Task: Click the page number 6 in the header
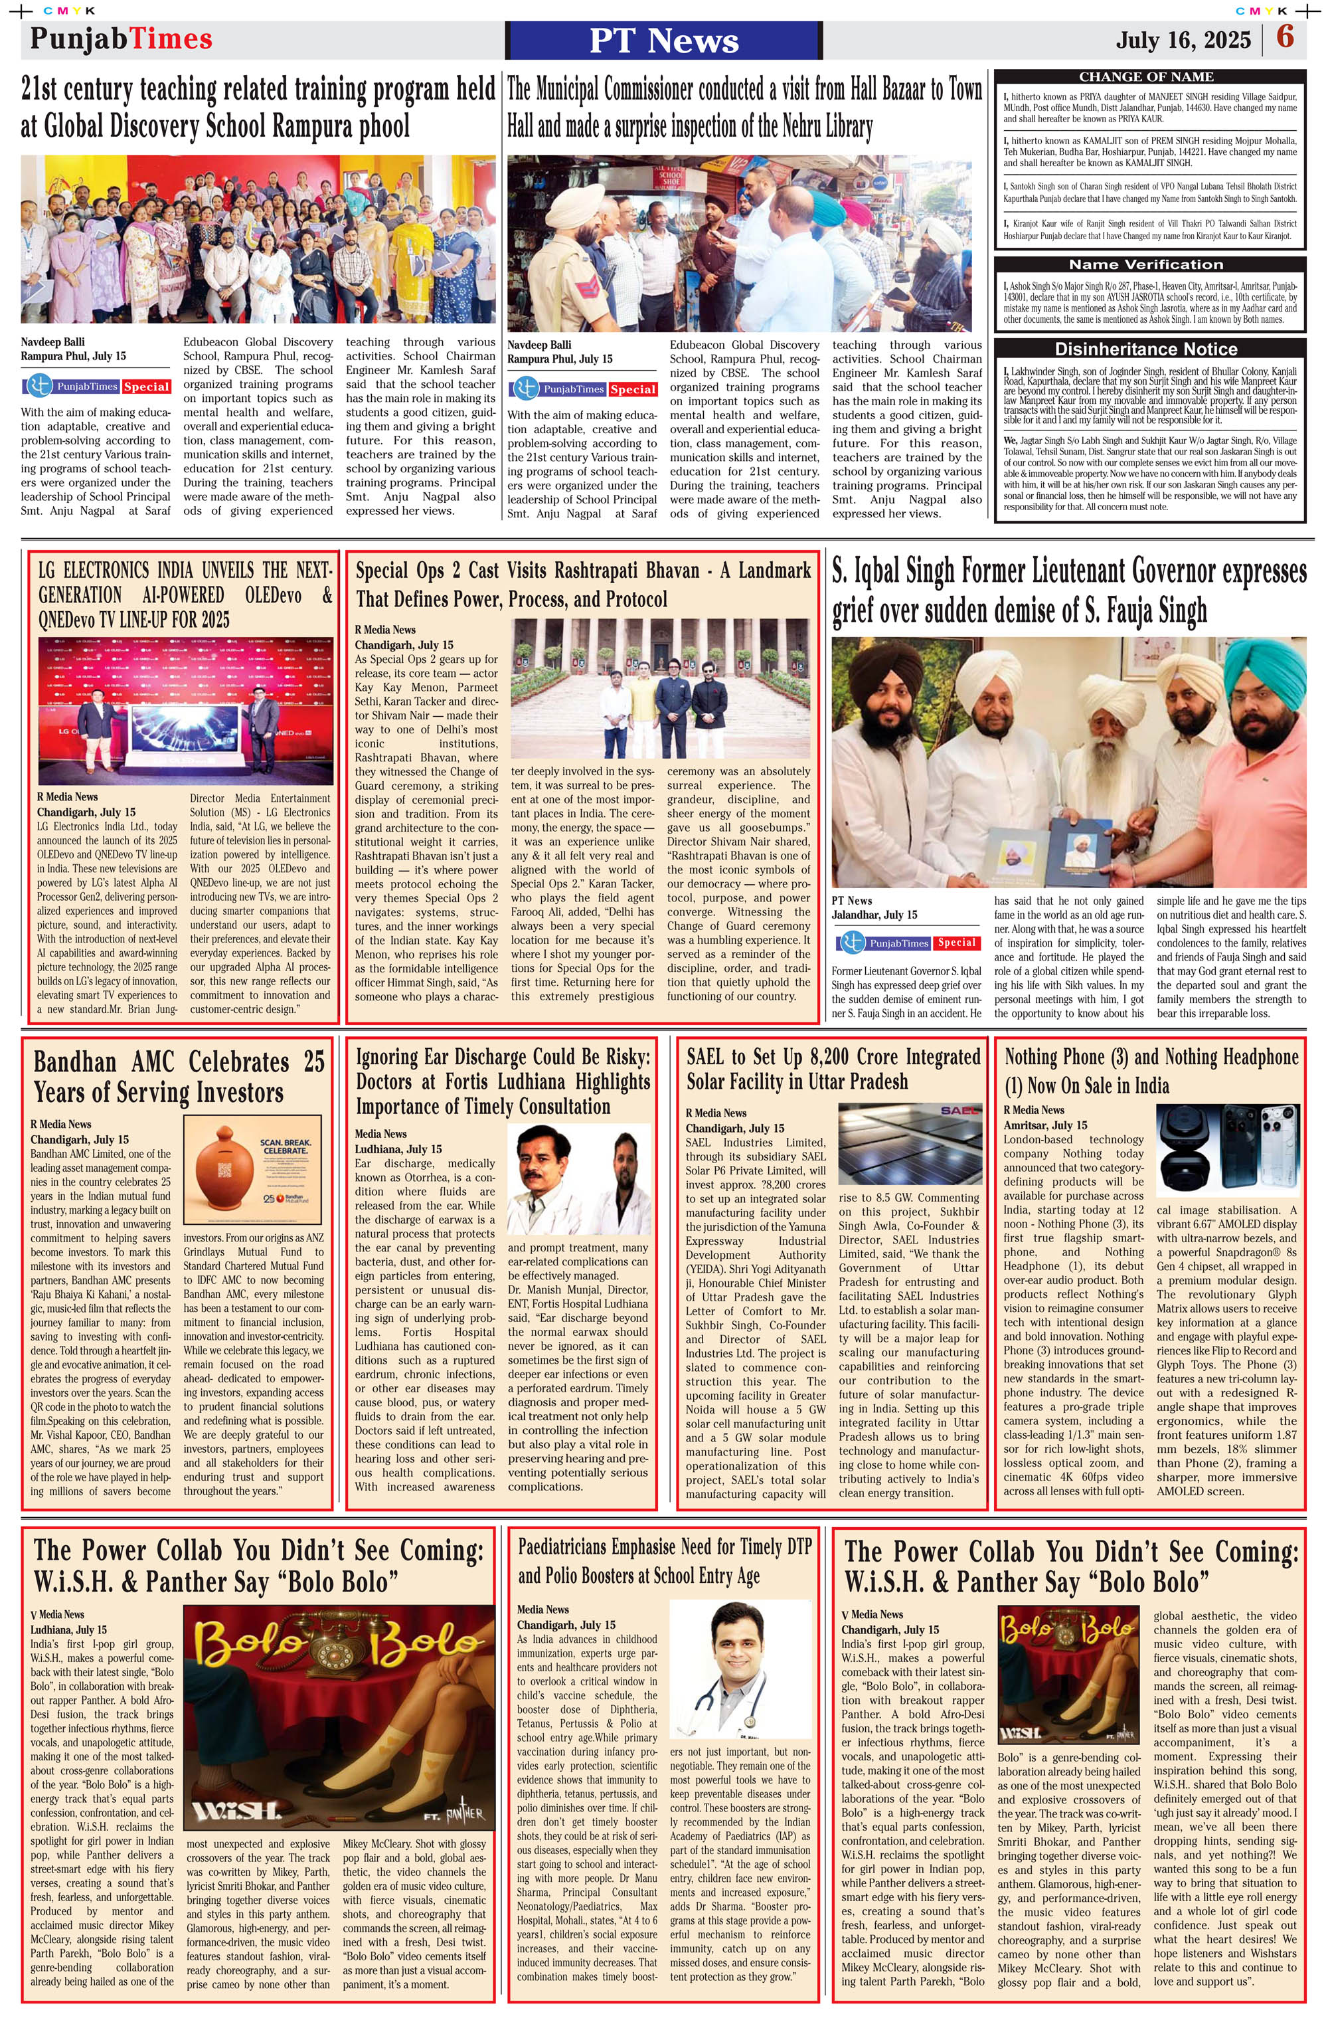click(1284, 39)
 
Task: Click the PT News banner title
click(663, 40)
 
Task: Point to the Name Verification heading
click(1145, 264)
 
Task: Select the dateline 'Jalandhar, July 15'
click(874, 915)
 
